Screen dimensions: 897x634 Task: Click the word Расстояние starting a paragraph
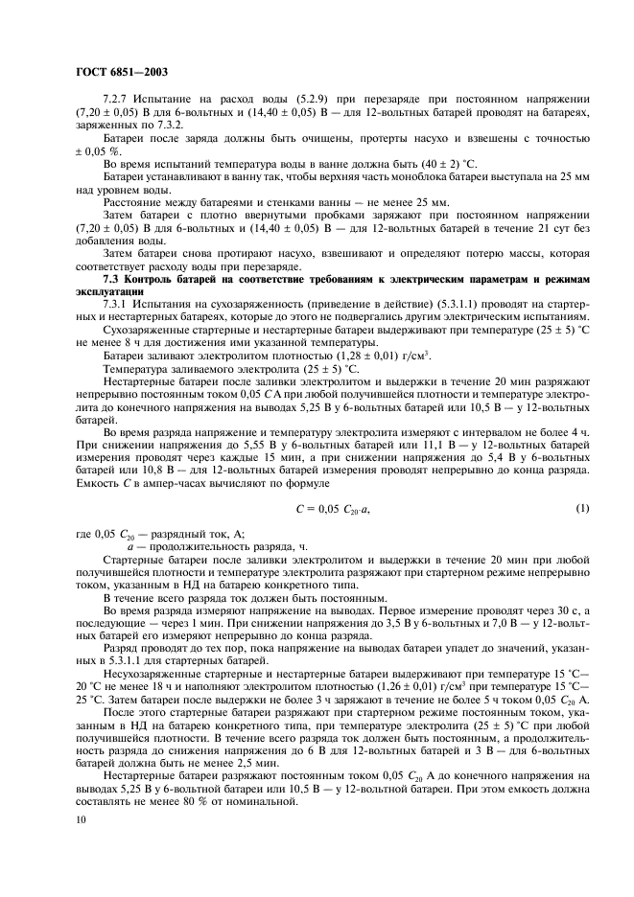click(134, 202)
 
